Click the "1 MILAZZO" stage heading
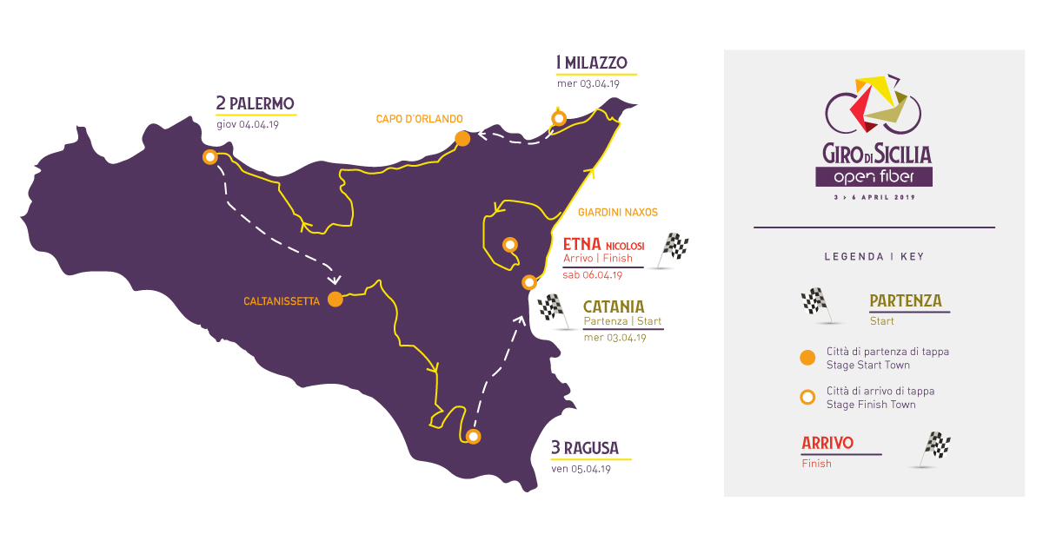click(592, 63)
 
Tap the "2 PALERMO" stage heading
click(256, 104)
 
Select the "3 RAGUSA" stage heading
click(585, 448)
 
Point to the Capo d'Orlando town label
click(419, 119)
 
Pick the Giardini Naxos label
click(618, 212)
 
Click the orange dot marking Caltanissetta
click(335, 300)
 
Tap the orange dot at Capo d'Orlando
click(462, 138)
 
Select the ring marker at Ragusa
click(473, 436)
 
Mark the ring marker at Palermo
click(209, 157)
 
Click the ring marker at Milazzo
click(559, 118)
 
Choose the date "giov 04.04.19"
click(247, 124)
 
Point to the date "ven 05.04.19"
click(581, 469)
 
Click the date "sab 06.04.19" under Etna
click(593, 275)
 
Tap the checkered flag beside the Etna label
click(674, 249)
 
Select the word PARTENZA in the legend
click(906, 300)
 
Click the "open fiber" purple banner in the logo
click(874, 176)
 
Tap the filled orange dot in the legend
click(807, 358)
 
